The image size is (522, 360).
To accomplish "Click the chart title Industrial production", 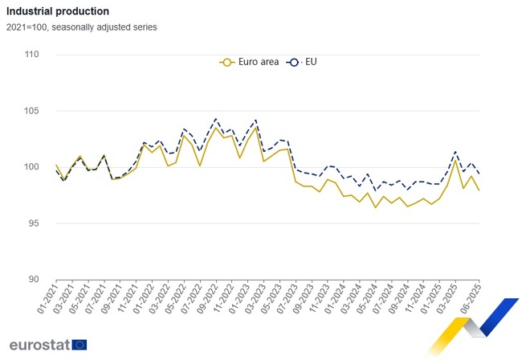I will (59, 12).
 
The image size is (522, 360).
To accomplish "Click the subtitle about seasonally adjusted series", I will (83, 27).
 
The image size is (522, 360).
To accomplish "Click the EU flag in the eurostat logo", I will (79, 345).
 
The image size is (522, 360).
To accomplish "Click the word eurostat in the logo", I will (39, 345).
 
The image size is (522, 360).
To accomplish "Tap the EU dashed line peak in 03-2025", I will (455, 151).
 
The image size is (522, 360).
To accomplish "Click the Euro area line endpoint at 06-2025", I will (479, 190).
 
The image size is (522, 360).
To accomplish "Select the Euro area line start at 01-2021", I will (56, 166).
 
